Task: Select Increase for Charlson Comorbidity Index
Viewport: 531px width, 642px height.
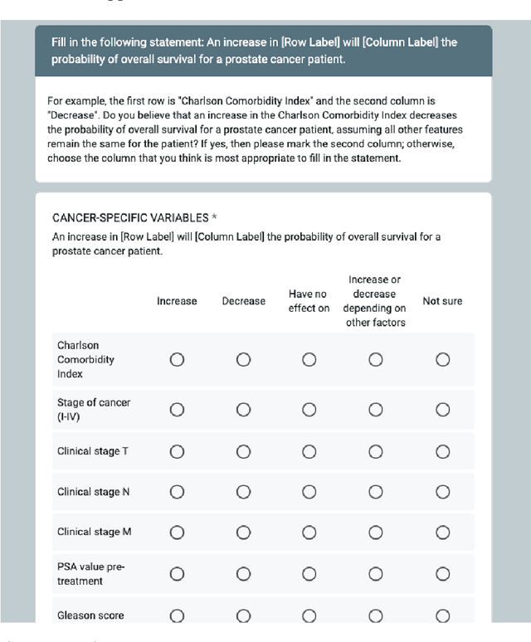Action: pos(177,359)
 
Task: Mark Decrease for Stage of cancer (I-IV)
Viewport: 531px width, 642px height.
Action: pos(243,410)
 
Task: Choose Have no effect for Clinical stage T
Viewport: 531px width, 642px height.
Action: pos(309,452)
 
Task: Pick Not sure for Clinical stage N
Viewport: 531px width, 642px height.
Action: pos(442,492)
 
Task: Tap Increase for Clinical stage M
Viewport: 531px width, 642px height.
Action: pos(177,533)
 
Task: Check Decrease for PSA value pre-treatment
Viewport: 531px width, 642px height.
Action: pos(243,573)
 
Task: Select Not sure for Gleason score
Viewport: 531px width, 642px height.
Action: pos(442,615)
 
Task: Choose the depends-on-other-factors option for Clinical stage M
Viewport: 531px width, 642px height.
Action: pos(376,533)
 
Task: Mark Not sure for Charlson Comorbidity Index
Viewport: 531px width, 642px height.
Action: pos(442,359)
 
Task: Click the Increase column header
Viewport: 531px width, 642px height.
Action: pos(177,301)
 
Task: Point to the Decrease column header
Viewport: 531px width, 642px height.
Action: pos(243,301)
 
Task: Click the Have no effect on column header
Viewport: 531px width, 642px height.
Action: pos(309,301)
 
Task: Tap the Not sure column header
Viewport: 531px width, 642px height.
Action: pos(442,301)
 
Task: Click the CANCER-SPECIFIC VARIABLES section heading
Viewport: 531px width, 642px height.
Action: pos(130,217)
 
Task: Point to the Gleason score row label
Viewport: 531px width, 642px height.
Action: pos(90,615)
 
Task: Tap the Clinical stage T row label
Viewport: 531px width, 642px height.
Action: pos(93,452)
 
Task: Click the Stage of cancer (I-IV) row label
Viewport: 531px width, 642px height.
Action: pos(93,410)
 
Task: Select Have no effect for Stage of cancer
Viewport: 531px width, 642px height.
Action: pos(309,410)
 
